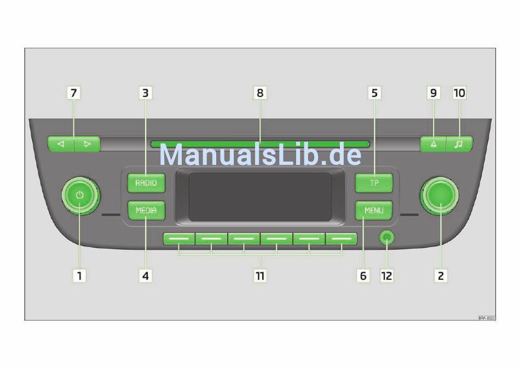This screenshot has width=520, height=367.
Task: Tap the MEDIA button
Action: coord(146,210)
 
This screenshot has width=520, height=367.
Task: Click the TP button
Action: coord(374,182)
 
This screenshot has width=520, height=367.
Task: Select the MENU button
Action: coord(374,210)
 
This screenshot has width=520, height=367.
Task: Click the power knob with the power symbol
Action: coord(80,196)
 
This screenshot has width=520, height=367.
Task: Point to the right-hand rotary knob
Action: coord(440,196)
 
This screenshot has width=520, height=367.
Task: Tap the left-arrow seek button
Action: coord(61,144)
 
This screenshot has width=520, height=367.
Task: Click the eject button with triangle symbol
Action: coord(433,144)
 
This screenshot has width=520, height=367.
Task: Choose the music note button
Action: coord(459,144)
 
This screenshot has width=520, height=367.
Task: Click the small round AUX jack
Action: coord(387,238)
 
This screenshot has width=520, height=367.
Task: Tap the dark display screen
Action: coord(260,197)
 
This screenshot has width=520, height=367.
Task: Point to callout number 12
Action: coord(387,276)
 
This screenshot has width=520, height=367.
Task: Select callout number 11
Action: coord(260,276)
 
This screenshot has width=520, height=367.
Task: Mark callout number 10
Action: coord(459,93)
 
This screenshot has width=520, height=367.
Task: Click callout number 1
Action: coord(80,276)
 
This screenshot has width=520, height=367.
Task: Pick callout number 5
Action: coord(374,93)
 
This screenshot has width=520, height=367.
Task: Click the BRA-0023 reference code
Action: coord(486,318)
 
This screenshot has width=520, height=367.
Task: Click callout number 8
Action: coord(260,93)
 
